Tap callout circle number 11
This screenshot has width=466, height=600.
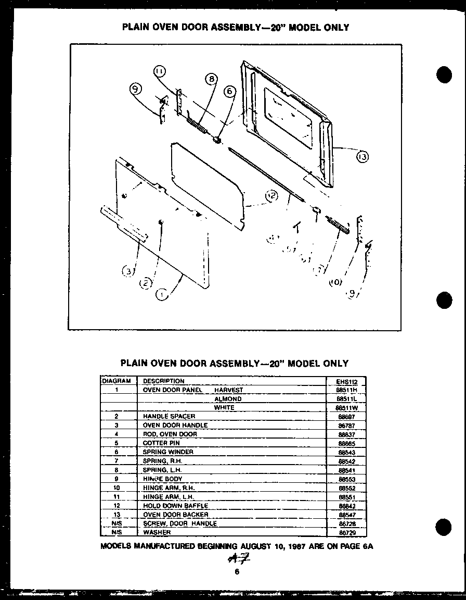point(160,71)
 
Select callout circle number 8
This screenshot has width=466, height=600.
point(211,79)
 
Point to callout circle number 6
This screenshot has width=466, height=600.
point(229,91)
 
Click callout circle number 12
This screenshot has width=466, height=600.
point(271,196)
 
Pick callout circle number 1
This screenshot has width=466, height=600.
point(162,295)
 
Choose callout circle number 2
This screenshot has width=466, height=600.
point(146,283)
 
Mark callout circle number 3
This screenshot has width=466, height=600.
point(128,270)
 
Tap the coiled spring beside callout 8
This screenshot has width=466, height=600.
point(197,126)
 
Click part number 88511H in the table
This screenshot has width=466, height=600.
point(347,390)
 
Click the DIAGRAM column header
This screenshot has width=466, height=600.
point(116,381)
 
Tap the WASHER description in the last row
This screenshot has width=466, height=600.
point(157,532)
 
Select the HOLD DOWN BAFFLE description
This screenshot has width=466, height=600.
point(175,506)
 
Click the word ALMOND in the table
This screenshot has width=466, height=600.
point(228,399)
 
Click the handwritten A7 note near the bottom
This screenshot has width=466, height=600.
point(236,559)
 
